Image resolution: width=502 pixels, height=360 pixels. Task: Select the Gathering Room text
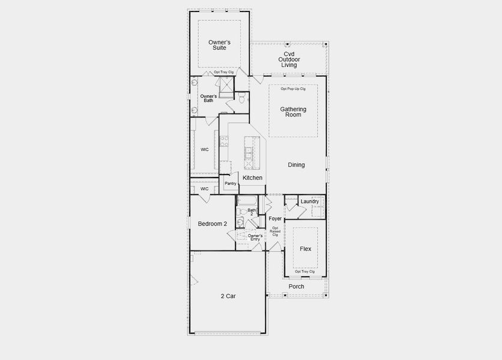[x=293, y=112]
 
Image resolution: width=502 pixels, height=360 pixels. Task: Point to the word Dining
[x=296, y=165]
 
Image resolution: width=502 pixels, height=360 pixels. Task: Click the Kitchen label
[x=252, y=178]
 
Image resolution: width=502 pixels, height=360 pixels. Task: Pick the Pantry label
[x=231, y=184]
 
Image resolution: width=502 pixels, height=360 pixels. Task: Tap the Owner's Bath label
[x=208, y=98]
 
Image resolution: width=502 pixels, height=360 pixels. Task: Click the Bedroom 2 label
[x=213, y=224]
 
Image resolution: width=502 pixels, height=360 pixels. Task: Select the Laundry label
[x=309, y=202]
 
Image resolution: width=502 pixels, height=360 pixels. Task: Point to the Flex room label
[x=305, y=248]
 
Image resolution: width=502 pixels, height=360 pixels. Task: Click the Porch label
[x=296, y=287]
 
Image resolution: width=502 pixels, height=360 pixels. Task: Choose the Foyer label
[x=275, y=219]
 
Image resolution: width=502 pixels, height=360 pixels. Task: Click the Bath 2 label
[x=251, y=212]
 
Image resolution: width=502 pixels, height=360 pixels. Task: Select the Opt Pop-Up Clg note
[x=293, y=89]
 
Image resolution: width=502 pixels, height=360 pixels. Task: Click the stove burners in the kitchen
[x=223, y=142]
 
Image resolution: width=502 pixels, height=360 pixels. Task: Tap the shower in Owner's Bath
[x=226, y=88]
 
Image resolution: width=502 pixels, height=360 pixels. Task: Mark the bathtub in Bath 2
[x=247, y=201]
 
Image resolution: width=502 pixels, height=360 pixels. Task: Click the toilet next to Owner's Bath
[x=241, y=100]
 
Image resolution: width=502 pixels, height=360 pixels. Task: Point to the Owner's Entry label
[x=255, y=238]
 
